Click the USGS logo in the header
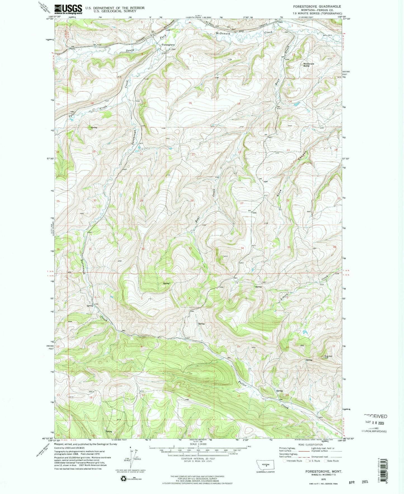[x=68, y=9]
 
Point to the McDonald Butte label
[x=308, y=65]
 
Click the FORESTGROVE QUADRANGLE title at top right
[x=317, y=6]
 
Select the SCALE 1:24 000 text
[x=198, y=444]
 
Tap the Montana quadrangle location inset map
[x=265, y=465]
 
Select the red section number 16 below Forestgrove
[x=190, y=103]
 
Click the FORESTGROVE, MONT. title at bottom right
[x=322, y=471]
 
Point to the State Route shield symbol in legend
[x=325, y=461]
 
